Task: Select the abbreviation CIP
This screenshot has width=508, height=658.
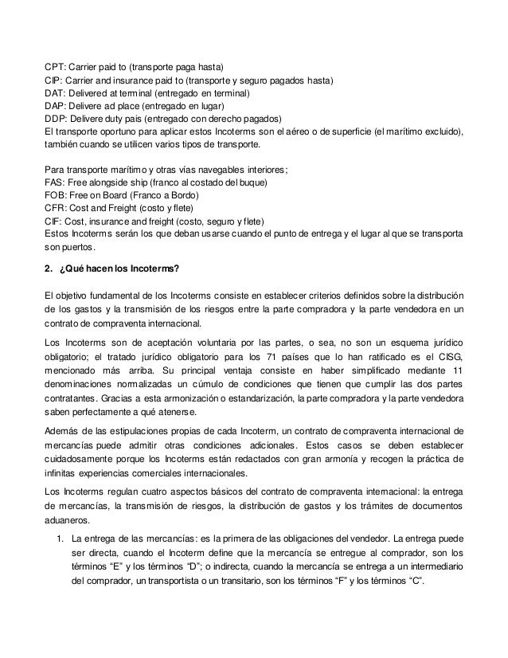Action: click(53, 80)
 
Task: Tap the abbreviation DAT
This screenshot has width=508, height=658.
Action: click(53, 94)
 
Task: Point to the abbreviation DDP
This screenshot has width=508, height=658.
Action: click(54, 117)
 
